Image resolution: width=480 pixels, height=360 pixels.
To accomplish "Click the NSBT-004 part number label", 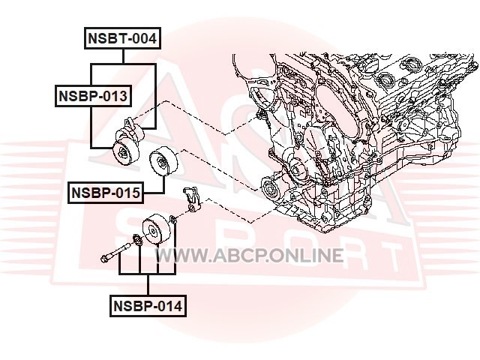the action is pos(122,38).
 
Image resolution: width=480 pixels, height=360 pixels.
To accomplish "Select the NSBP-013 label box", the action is pos(93,96).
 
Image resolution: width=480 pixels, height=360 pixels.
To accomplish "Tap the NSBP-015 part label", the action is pos(106,193).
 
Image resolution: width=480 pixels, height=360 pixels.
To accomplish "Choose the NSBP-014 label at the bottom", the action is pos(148,306).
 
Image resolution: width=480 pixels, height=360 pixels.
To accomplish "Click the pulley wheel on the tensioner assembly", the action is pos(124,152).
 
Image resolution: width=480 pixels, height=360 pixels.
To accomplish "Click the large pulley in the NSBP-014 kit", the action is pos(156,229).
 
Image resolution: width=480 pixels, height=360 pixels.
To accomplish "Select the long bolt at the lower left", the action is pos(116,252).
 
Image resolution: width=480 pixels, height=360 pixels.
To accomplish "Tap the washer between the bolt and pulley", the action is pos(137,240).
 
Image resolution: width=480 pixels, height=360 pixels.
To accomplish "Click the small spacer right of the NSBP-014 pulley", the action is pos(173,219).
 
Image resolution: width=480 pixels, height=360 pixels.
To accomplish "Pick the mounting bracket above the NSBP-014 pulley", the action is pos(192,199).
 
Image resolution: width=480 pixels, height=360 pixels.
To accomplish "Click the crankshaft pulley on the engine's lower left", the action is pos(271,188).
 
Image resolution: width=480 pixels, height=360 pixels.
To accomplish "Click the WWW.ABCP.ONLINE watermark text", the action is pos(250,256).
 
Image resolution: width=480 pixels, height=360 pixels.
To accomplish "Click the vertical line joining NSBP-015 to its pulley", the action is pos(163,184).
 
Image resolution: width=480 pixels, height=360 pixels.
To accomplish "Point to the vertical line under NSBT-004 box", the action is pos(123,57).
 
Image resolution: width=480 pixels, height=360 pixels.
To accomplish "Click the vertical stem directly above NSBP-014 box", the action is pos(148,285).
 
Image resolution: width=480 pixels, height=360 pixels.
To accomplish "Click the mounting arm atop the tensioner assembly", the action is pos(132,127).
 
